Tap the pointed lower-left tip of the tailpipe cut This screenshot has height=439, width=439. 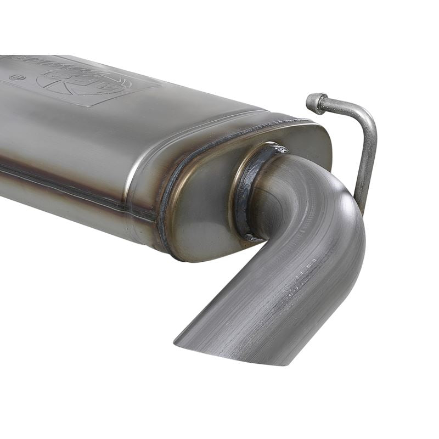[177, 342]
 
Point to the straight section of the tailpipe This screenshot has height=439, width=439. [263, 307]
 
